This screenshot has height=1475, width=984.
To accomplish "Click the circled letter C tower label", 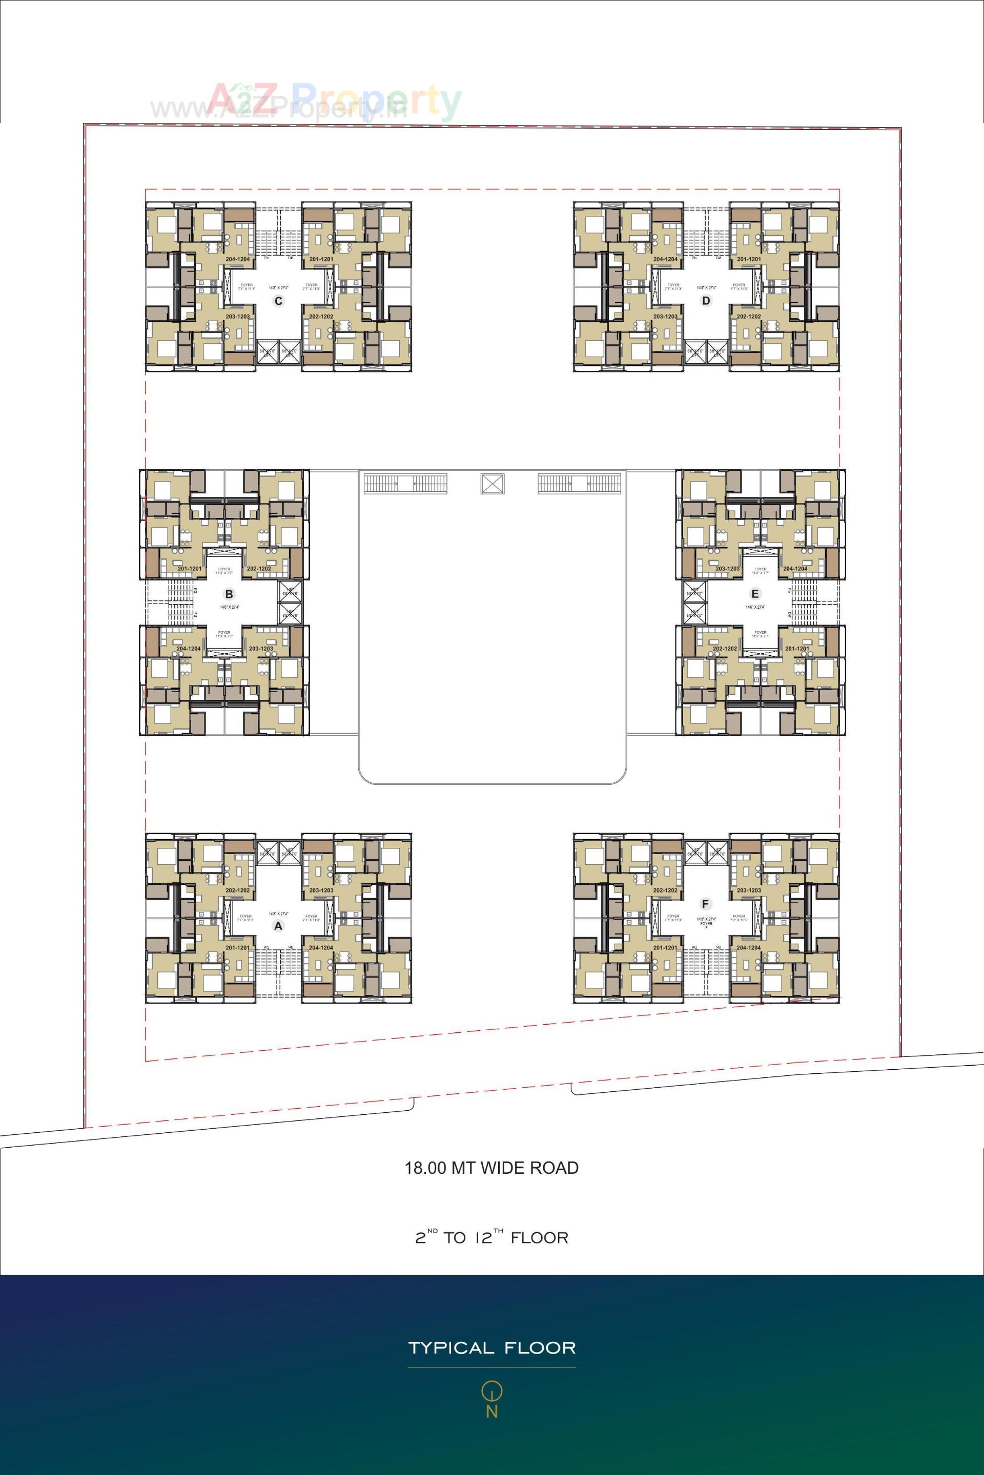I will point(279,301).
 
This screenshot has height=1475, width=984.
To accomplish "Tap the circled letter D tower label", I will point(706,301).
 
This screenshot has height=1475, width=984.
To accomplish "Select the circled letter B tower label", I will point(229,594).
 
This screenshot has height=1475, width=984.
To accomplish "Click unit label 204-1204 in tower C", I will point(238,259).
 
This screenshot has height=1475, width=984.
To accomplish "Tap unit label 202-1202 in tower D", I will point(749,317).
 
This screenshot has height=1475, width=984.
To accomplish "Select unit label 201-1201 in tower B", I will point(190,568).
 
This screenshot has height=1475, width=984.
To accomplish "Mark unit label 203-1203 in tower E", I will point(727,568).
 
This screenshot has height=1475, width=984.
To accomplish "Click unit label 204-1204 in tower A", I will point(321,948).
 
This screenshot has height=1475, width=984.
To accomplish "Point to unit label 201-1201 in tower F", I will point(665,948).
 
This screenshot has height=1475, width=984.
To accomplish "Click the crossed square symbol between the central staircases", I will point(493,484).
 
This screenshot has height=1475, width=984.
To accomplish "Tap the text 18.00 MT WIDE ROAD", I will point(491,1168).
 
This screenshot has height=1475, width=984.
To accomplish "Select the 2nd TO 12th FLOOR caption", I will point(491,1238).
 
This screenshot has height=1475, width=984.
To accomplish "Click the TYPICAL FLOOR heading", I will point(491,1348).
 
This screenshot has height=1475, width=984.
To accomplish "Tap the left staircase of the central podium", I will point(405,484).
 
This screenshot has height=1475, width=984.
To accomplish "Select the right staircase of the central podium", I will point(579,484).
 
